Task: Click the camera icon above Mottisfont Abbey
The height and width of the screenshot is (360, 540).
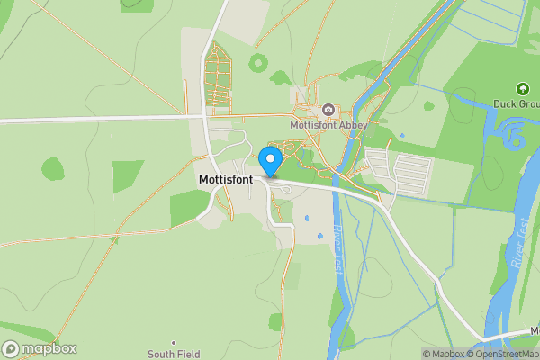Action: [x=328, y=110]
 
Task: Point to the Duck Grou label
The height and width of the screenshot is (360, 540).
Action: [x=516, y=103]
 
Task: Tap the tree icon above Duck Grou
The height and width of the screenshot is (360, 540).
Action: [x=522, y=88]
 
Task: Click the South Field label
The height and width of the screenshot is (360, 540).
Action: [x=175, y=354]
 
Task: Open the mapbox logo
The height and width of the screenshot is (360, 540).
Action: [x=40, y=349]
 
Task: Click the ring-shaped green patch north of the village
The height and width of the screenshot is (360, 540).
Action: [x=260, y=63]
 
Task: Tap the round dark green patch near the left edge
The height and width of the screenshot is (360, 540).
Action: [x=53, y=168]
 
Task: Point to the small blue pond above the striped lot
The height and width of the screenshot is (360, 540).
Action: [x=402, y=136]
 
